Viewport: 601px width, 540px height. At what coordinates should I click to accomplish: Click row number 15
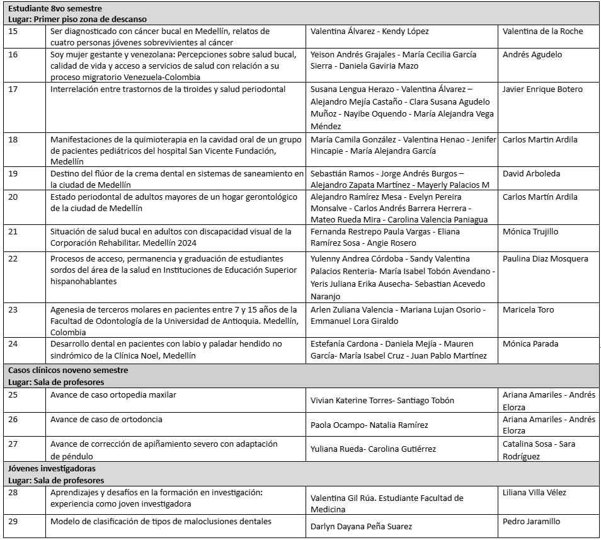click(13, 32)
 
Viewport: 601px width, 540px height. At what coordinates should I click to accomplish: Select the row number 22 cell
click(13, 259)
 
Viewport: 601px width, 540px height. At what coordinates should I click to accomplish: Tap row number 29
click(13, 522)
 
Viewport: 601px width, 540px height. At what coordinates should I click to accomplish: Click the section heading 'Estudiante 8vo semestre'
click(55, 8)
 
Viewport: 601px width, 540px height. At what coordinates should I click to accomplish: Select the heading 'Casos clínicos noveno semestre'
click(68, 371)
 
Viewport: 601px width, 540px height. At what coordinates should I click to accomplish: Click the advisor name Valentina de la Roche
click(542, 32)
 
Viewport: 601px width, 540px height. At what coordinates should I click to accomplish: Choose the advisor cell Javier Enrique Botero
click(542, 89)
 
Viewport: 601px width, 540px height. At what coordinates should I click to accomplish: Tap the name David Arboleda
click(531, 174)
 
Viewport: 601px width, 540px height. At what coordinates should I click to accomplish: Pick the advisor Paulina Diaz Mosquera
click(545, 259)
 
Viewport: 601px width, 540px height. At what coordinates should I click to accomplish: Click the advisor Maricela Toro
click(528, 310)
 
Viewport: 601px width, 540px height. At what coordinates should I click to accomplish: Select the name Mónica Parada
click(530, 344)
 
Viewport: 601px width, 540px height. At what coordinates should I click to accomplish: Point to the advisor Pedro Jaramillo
click(531, 522)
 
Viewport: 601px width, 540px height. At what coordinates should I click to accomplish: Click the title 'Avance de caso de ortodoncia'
click(106, 420)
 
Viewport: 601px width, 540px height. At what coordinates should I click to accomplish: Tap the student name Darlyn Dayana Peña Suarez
click(362, 526)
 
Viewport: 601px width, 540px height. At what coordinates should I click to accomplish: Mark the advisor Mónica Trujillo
click(530, 232)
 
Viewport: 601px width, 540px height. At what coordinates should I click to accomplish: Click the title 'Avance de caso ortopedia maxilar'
click(113, 395)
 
